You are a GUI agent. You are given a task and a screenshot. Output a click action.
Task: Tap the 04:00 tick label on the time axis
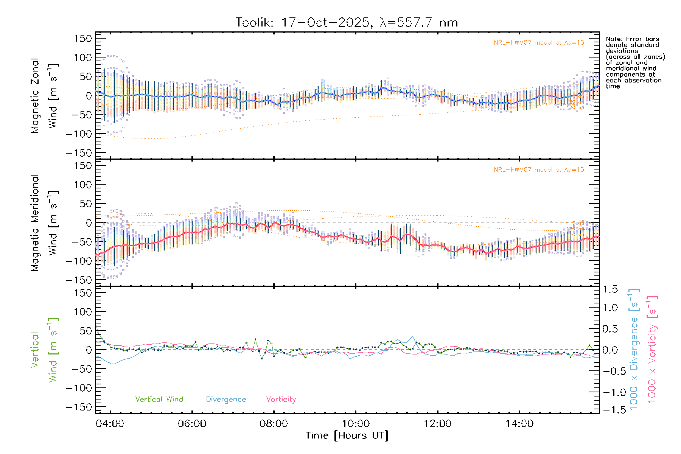(110, 424)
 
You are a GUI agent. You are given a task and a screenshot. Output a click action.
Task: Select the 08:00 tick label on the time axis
(274, 424)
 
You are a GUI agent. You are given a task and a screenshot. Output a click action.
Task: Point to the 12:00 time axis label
(437, 424)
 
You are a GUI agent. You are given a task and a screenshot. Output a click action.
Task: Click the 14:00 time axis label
(519, 424)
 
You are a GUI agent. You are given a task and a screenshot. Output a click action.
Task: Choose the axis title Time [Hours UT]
(347, 435)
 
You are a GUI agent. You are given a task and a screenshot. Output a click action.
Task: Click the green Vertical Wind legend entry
(159, 400)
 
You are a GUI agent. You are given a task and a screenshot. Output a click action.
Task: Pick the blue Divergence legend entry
(226, 400)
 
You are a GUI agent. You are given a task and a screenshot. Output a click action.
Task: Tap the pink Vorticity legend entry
(281, 400)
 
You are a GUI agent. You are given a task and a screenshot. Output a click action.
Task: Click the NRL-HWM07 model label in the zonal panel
(539, 43)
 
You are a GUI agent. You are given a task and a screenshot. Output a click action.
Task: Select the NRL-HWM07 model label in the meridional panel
(539, 170)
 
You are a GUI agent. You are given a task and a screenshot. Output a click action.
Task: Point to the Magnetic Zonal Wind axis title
(44, 95)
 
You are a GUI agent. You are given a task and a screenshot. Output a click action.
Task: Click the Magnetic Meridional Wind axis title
(44, 223)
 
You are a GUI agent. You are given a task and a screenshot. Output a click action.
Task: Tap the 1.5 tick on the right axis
(610, 289)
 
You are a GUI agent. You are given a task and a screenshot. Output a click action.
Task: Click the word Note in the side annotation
(613, 39)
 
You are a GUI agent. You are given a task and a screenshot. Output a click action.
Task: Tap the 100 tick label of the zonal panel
(83, 58)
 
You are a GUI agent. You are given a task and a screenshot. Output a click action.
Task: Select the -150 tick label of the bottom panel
(79, 407)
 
